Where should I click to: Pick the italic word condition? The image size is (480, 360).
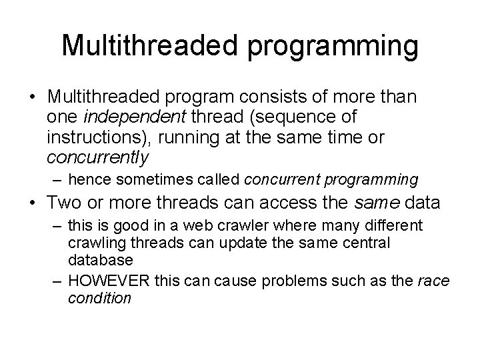[x=99, y=298]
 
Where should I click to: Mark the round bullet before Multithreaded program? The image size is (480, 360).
[x=33, y=97]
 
